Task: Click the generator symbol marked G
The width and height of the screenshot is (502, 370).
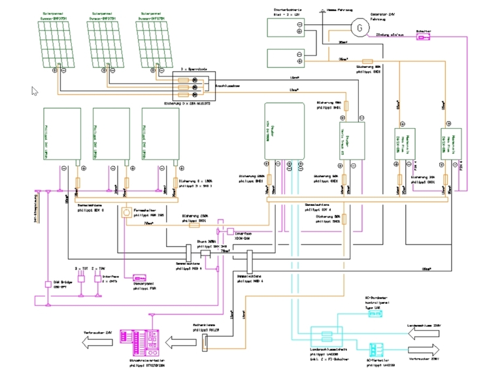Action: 358,28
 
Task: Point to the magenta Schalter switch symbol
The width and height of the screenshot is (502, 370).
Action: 424,37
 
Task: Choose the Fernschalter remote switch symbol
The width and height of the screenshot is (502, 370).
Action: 127,213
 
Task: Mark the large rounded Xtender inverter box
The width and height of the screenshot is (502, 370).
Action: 285,130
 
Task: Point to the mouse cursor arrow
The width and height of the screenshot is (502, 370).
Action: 35,90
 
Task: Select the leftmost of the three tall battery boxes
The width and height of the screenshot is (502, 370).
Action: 61,135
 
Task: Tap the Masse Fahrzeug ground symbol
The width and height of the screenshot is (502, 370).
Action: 320,11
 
